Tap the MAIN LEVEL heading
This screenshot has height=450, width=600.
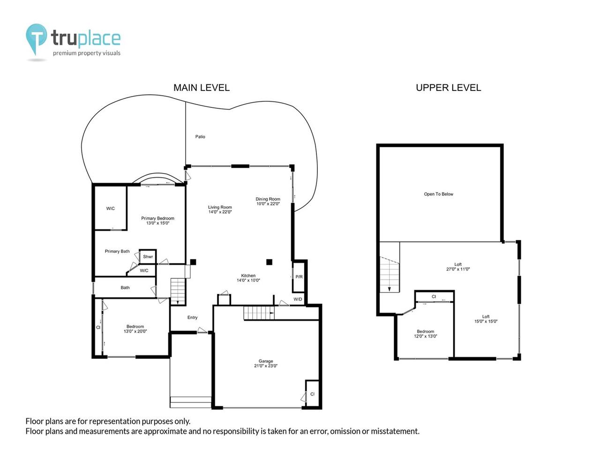(x=201, y=88)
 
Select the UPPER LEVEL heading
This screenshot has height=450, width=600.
(x=448, y=88)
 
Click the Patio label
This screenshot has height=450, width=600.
(x=200, y=137)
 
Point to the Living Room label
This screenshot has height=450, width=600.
(x=220, y=207)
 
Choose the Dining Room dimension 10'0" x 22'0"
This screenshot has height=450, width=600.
(x=268, y=204)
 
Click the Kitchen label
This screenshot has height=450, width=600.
(x=248, y=276)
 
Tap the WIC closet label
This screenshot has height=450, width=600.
(x=110, y=209)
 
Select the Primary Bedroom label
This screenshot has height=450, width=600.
(x=157, y=218)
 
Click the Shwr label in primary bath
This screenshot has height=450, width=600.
(x=148, y=257)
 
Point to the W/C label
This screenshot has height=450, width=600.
(x=144, y=270)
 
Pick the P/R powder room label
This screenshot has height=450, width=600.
(x=299, y=277)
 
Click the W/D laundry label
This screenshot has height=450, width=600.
(x=298, y=300)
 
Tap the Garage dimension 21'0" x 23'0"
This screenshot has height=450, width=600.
(x=266, y=366)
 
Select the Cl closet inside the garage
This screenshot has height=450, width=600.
(x=312, y=394)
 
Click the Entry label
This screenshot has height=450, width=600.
(x=192, y=318)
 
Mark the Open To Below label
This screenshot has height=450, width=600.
(x=438, y=194)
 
